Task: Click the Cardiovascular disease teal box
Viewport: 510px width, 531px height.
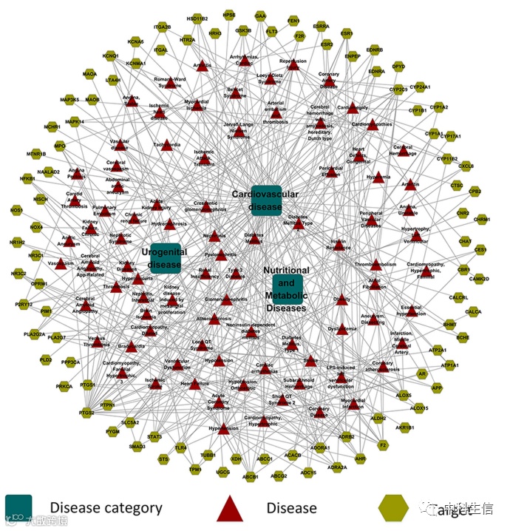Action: pyautogui.click(x=265, y=200)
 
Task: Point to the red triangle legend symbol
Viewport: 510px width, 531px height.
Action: pyautogui.click(x=231, y=508)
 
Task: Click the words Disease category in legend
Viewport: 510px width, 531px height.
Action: pyautogui.click(x=106, y=508)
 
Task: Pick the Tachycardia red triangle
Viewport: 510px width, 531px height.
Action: pyautogui.click(x=166, y=146)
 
